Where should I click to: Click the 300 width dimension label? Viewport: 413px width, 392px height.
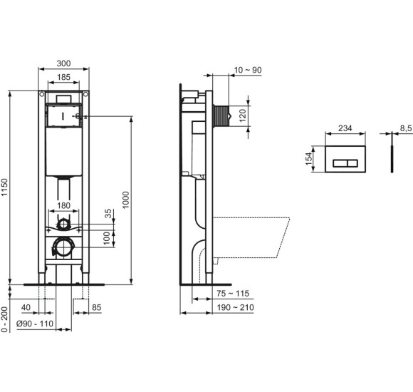coord(63,63)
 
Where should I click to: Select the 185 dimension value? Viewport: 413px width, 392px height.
coord(63,78)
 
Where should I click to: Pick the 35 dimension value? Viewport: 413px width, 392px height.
coord(108,213)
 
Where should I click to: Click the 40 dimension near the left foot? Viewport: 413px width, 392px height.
coord(26,307)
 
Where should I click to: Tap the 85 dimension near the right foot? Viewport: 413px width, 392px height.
coord(96,307)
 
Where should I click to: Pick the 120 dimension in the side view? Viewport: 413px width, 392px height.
coord(242,115)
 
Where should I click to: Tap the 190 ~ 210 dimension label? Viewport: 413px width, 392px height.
coord(235,307)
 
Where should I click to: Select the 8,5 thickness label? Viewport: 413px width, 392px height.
coord(405,128)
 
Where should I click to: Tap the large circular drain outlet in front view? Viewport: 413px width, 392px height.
coord(63,248)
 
